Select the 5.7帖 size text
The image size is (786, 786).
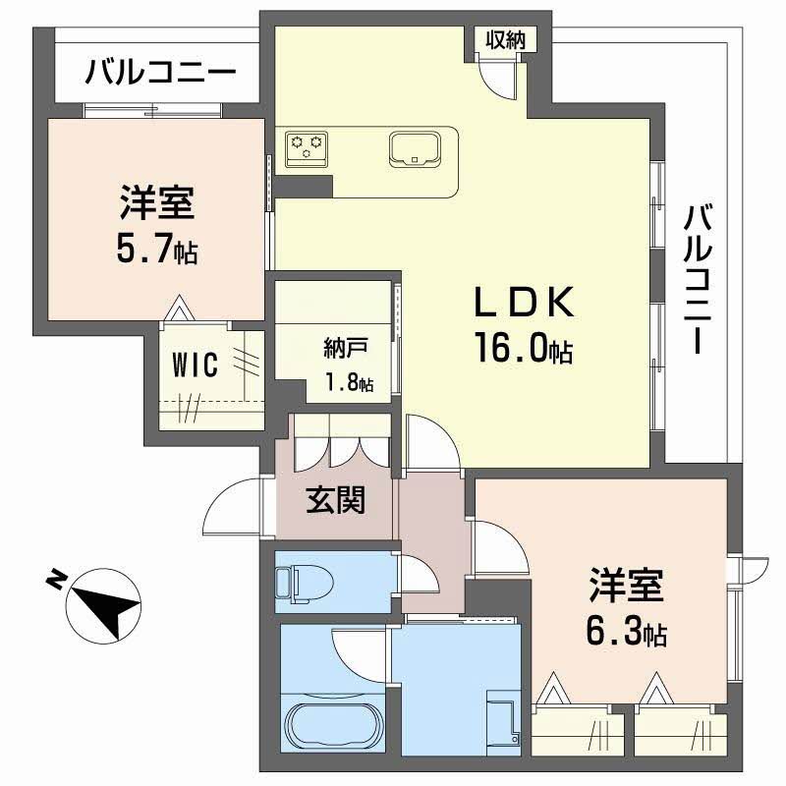[x=157, y=251]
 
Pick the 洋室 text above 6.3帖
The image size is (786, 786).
[x=627, y=588]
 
